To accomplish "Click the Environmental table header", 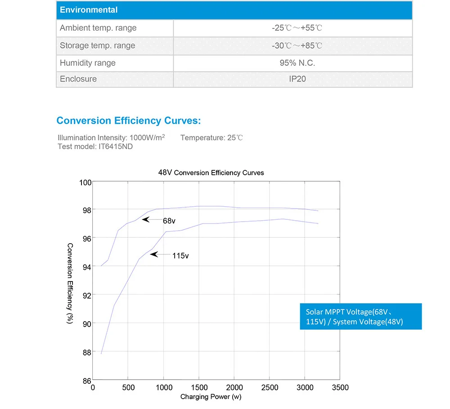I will click(x=89, y=10).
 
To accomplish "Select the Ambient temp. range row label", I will click(x=98, y=28).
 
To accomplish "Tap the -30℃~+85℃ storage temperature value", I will click(x=297, y=45).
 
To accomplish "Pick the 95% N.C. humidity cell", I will click(x=297, y=63).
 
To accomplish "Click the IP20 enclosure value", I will click(x=297, y=79).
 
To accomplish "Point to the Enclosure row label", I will click(x=78, y=79).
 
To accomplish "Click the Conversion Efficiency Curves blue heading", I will click(x=128, y=121).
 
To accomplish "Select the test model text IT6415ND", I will click(x=116, y=146).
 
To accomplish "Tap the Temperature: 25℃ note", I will click(x=211, y=137).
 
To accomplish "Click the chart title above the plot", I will click(x=211, y=173).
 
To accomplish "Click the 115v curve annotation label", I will click(x=180, y=255).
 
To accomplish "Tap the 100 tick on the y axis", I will click(x=85, y=182).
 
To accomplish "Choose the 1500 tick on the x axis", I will click(x=198, y=387).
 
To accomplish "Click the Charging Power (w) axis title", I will click(x=211, y=397).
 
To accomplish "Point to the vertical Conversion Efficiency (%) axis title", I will click(x=70, y=283).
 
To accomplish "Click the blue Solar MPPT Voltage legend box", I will click(x=360, y=316).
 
